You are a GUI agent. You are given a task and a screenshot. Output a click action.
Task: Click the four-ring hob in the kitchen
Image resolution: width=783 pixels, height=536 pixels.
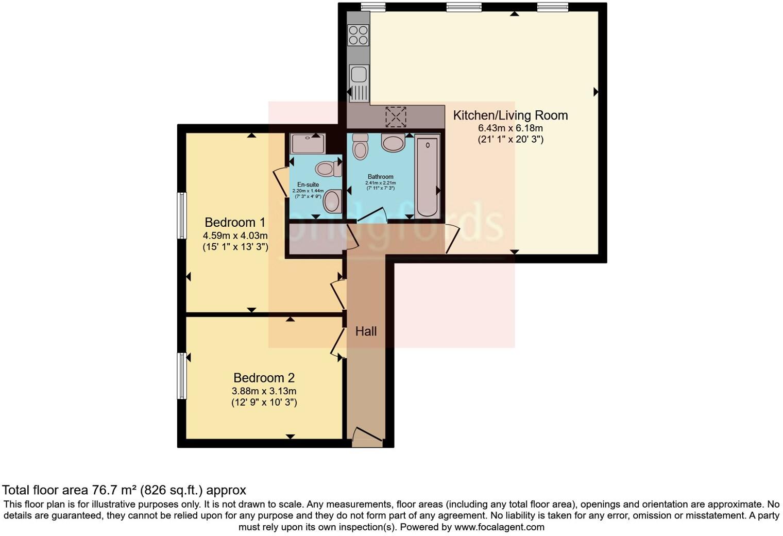coord(358,35)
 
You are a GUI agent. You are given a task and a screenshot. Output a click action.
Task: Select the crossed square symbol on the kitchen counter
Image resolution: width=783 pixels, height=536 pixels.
coord(396,116)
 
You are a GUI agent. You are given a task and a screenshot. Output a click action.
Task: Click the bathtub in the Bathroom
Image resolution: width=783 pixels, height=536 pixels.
coord(427,175)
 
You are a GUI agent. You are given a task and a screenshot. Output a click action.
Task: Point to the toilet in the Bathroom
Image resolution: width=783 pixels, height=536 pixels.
coord(361,146)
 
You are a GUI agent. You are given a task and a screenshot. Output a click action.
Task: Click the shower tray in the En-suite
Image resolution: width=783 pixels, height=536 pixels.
coord(308,143)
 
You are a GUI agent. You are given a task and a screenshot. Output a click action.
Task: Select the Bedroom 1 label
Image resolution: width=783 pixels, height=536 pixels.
coord(235,223)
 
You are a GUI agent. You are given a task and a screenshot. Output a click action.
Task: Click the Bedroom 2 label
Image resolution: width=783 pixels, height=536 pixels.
coord(264,378)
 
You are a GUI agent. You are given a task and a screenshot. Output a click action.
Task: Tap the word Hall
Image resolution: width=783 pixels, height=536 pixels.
coord(366,331)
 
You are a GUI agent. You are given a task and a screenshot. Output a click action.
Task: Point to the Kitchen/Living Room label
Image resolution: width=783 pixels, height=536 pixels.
coord(510,115)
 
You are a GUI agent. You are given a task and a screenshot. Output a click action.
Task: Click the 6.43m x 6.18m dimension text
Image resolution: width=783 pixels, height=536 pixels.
coord(510,128)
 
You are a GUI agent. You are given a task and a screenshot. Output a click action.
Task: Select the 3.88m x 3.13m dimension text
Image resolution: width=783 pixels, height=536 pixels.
coord(264,391)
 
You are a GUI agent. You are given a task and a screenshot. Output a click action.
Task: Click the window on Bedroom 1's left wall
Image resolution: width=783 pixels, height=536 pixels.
coord(181,215)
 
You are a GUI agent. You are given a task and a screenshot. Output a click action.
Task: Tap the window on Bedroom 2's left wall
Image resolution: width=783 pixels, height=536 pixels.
coord(181,376)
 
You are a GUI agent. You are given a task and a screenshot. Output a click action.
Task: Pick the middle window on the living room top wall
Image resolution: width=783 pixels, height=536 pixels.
coord(464,7)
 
